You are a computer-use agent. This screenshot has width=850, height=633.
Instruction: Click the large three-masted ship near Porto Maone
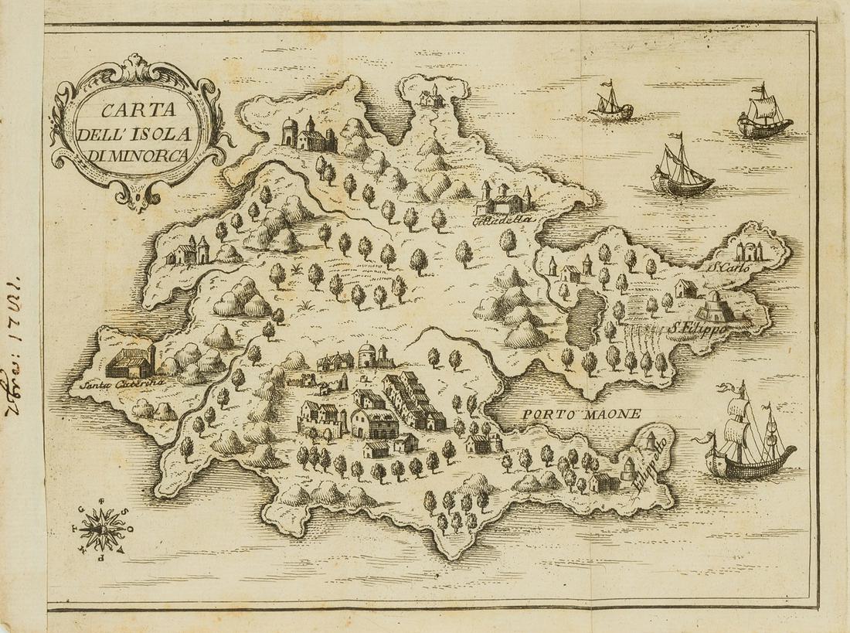tap(745, 436)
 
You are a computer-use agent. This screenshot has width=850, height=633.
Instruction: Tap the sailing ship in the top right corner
tap(763, 114)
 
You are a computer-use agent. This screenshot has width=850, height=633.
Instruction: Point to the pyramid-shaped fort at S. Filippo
tap(716, 307)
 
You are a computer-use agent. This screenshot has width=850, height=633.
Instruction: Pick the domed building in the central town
tap(366, 354)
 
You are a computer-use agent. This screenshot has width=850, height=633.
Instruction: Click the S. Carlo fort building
tap(750, 250)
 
